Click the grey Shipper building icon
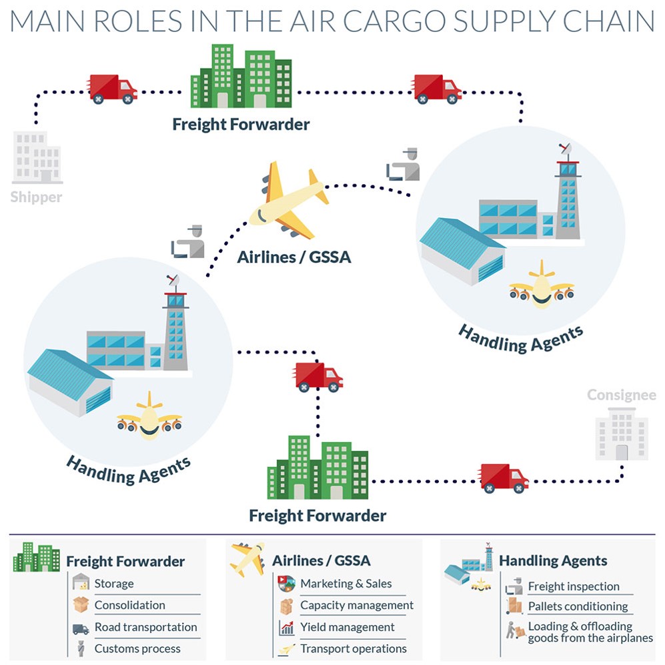[x=37, y=158]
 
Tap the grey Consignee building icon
[x=622, y=434]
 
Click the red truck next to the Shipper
[x=113, y=89]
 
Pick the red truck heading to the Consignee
[x=504, y=478]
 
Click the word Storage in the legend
[x=114, y=584]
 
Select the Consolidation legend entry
[x=130, y=605]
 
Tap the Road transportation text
[x=146, y=627]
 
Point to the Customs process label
[x=137, y=649]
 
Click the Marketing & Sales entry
[x=346, y=584]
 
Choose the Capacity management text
[x=357, y=605]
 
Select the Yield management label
[x=348, y=627]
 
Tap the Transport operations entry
[x=354, y=649]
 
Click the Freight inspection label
[x=574, y=586]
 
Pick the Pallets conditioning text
[x=578, y=606]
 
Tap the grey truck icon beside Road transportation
[x=81, y=628]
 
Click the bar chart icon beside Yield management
[x=287, y=628]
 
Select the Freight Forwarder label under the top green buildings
[x=241, y=124]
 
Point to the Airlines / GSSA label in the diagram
[x=294, y=257]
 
